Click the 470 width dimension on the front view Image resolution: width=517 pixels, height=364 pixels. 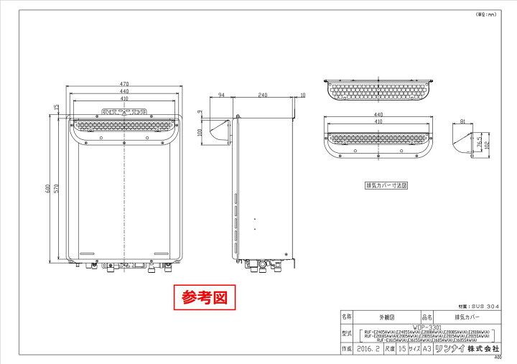tap(124, 84)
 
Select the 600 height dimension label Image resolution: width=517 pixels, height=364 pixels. tap(46, 190)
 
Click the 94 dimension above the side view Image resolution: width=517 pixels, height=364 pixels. tap(223, 95)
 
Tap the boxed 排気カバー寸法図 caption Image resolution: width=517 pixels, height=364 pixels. tap(386, 185)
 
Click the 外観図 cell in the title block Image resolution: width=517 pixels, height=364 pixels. tap(386, 316)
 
